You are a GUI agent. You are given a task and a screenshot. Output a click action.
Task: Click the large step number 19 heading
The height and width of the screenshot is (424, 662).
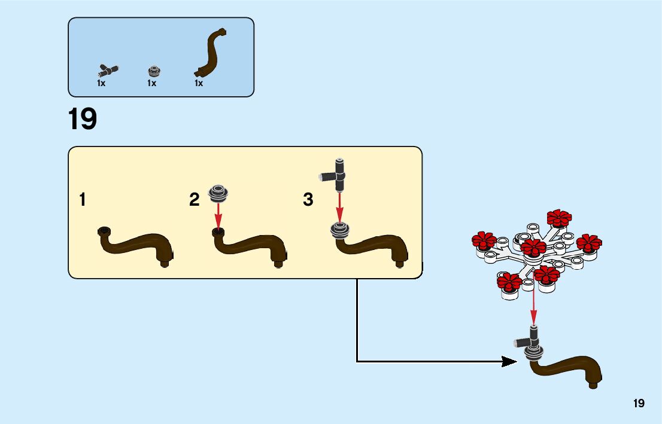[83, 119]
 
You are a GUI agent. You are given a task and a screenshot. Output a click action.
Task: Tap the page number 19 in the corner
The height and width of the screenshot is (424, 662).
[639, 403]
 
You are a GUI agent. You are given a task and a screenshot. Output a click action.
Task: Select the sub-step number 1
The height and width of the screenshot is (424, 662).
[82, 200]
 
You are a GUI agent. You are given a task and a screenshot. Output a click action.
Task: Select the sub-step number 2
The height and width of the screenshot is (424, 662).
[194, 200]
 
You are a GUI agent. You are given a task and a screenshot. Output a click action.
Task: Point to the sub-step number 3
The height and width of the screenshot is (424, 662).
[308, 200]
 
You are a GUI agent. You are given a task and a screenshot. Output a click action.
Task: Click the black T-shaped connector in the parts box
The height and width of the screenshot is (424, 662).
[108, 69]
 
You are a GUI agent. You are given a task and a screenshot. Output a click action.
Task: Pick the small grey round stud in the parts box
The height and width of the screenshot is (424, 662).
[154, 71]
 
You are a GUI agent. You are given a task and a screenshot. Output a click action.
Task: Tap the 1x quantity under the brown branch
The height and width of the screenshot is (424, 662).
[199, 84]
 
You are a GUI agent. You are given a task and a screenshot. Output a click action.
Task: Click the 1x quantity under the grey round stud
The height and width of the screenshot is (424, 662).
[152, 84]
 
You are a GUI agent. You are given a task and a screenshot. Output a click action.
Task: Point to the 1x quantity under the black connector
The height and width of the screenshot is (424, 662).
[101, 84]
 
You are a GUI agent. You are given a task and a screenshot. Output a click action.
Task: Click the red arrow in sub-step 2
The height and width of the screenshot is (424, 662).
[218, 215]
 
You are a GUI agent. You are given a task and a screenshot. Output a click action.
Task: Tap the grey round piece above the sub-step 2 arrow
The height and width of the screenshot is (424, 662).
[218, 192]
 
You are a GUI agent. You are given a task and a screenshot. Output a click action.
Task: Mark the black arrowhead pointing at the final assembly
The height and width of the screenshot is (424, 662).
[509, 361]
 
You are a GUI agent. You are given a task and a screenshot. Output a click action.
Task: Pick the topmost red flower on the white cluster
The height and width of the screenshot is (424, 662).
[560, 218]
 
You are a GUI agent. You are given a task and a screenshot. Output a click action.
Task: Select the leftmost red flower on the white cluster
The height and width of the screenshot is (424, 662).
[484, 240]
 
